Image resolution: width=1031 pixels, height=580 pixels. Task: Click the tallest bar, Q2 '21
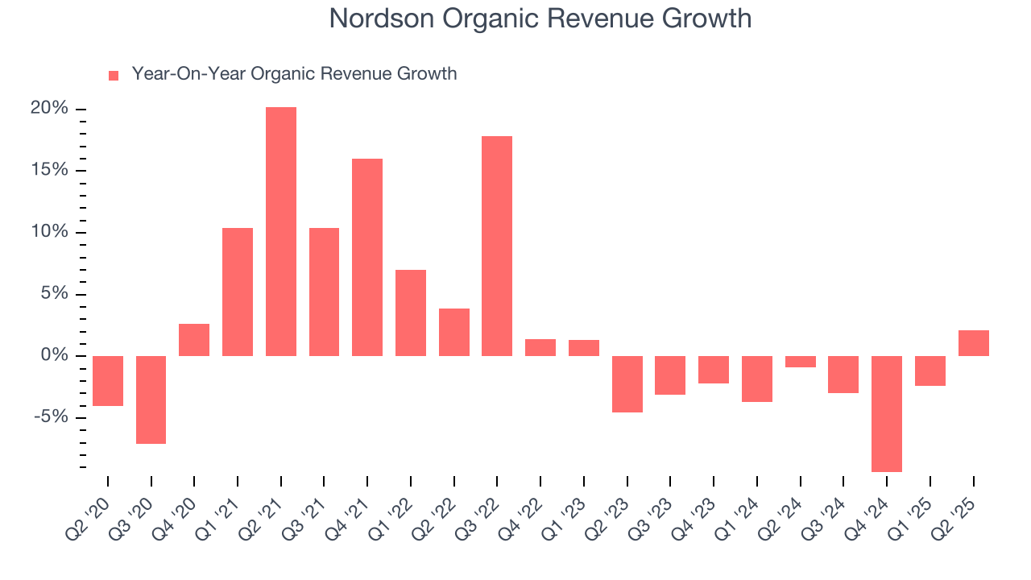(281, 232)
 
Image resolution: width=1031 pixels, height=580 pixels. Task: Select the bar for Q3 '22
(497, 246)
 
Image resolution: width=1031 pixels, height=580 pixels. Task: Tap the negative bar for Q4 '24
(887, 414)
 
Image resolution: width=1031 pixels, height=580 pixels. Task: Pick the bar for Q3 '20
(151, 400)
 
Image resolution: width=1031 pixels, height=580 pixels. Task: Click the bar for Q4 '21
(367, 258)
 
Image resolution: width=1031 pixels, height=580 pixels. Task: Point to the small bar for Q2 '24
(801, 362)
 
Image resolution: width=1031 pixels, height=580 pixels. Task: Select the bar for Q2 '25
(974, 343)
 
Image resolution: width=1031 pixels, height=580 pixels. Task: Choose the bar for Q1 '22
(411, 313)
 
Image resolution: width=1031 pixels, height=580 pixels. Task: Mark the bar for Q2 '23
(627, 384)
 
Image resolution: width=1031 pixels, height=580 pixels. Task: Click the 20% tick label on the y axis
(50, 109)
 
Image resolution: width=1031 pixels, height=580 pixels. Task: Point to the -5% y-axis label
(50, 417)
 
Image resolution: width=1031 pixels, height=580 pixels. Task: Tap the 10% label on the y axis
(50, 232)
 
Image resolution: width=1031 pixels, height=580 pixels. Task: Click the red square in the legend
(114, 75)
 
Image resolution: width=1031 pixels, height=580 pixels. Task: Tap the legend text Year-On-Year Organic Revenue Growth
(294, 74)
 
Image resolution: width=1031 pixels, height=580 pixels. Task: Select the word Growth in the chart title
(710, 18)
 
